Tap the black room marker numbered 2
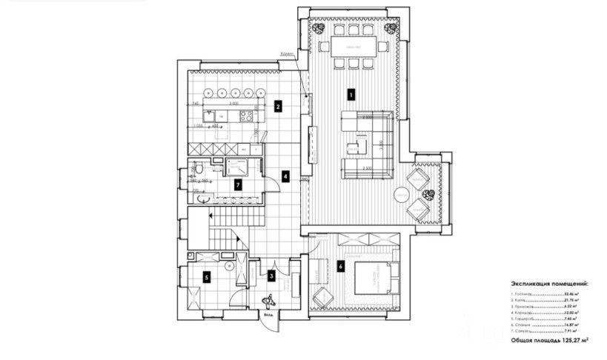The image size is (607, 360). tap(276, 106)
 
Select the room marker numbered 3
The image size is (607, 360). tap(272, 276)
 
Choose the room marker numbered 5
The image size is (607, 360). tap(207, 278)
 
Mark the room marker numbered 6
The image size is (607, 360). tap(340, 265)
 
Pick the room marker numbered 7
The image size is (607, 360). tap(237, 184)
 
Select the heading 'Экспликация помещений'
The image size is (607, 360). tap(549, 283)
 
